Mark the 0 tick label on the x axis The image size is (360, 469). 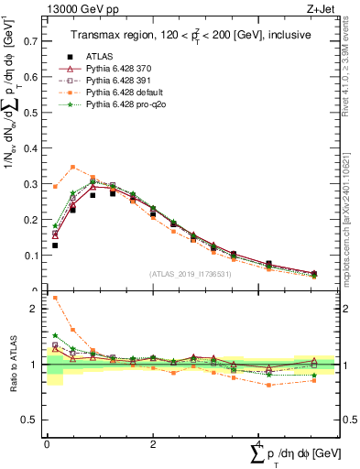[47, 444]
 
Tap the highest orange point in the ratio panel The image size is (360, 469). [55, 298]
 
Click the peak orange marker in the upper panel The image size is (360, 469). [73, 167]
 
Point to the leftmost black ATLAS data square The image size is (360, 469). [55, 245]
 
